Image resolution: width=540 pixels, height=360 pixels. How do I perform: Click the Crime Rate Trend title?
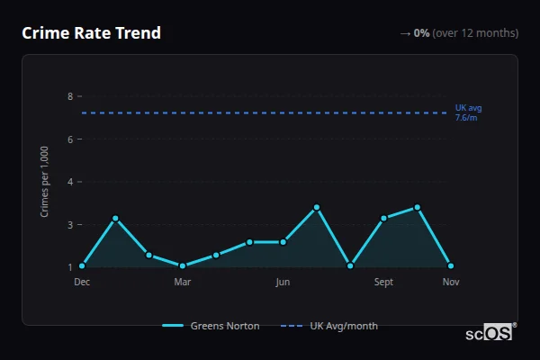[91, 33]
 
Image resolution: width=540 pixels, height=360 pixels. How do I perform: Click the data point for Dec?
[82, 266]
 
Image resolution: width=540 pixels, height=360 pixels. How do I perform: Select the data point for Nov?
[451, 266]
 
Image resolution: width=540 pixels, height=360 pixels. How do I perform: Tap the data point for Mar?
[183, 266]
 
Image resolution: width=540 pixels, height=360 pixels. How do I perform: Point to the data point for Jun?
[283, 242]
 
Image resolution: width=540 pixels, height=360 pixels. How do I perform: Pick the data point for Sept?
[383, 218]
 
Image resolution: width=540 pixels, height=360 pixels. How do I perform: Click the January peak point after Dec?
[115, 218]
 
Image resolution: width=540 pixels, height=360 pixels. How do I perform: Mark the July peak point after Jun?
[317, 207]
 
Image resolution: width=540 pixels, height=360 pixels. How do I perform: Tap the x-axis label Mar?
[183, 283]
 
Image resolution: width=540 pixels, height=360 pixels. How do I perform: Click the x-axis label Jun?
[283, 283]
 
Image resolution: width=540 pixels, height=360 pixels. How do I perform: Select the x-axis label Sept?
[383, 283]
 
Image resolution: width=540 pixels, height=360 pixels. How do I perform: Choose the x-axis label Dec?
[82, 283]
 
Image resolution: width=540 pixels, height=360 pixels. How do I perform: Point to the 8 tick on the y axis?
[69, 96]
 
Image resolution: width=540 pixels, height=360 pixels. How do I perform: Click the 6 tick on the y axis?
[69, 139]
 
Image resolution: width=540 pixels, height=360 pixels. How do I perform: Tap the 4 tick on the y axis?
[69, 182]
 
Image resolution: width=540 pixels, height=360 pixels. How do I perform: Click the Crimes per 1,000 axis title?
[45, 182]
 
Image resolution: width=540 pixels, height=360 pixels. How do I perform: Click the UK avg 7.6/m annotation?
[468, 112]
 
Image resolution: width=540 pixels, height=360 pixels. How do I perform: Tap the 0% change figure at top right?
[421, 33]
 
